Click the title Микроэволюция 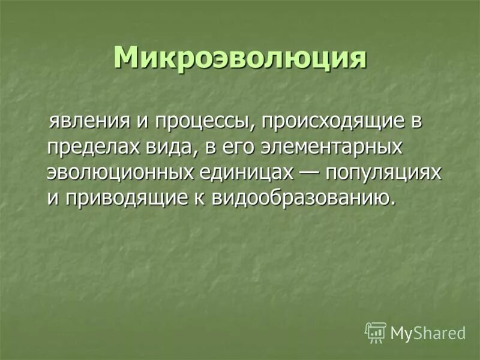(239, 58)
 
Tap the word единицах (245, 172)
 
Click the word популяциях (385, 173)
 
